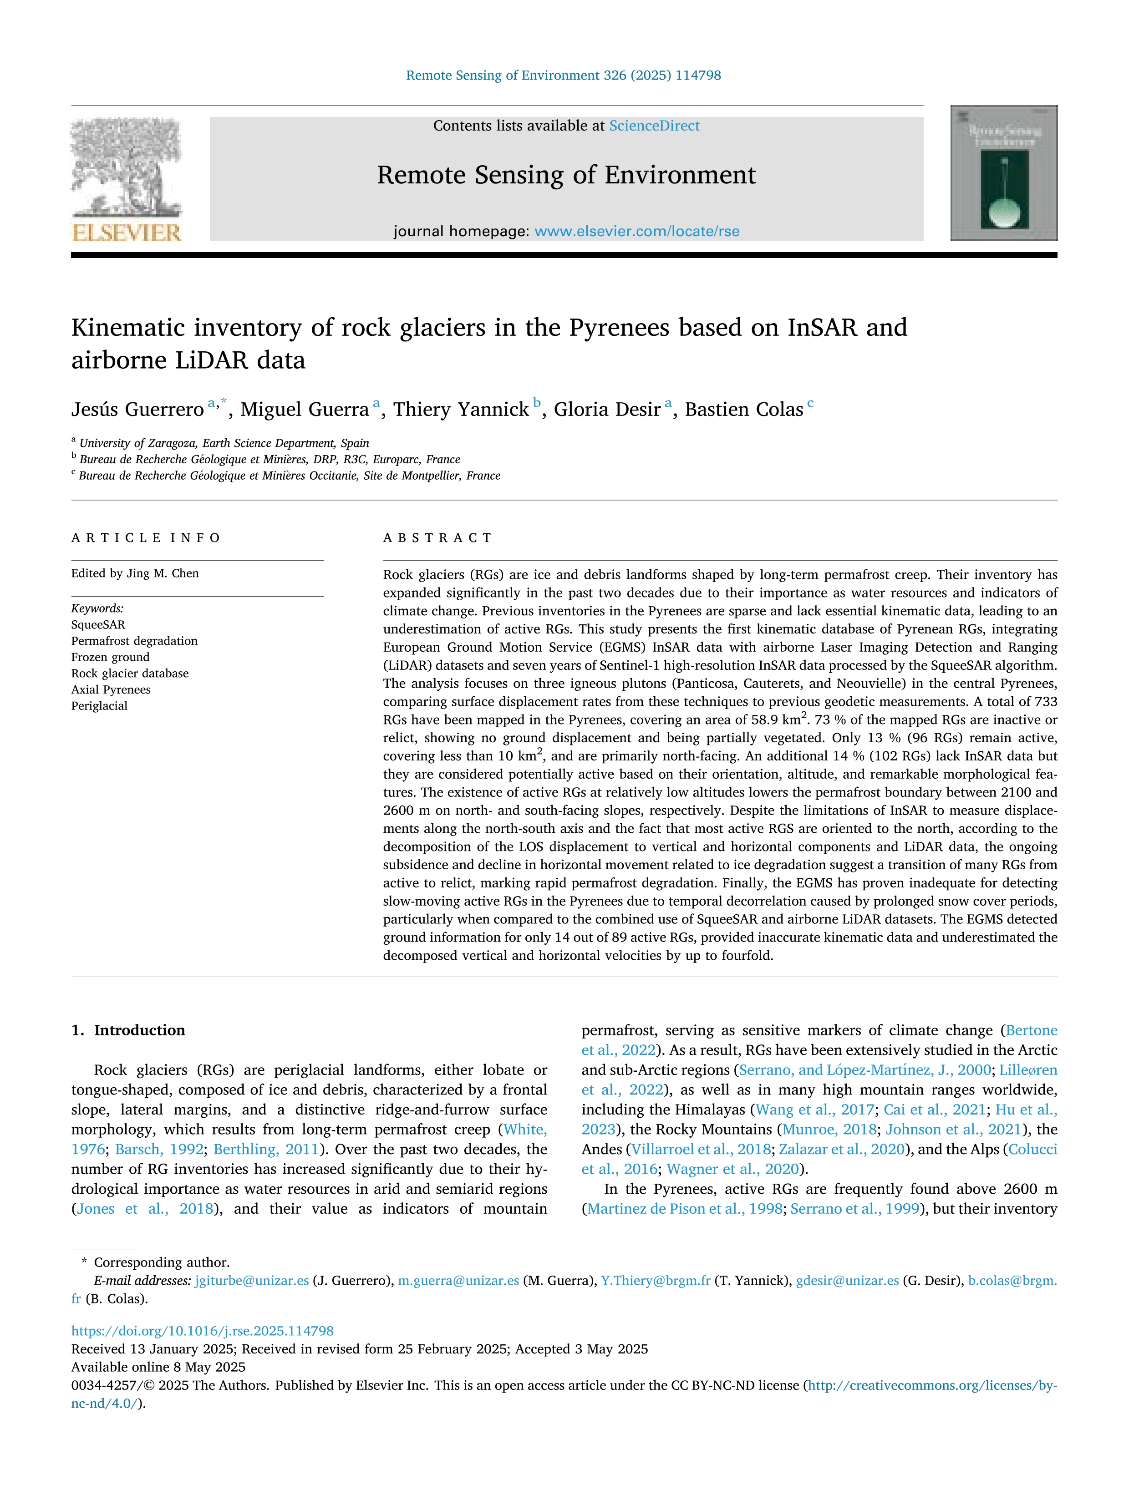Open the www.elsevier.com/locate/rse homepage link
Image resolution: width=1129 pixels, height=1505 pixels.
coord(636,231)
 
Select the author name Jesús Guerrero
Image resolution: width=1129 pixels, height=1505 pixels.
coord(137,410)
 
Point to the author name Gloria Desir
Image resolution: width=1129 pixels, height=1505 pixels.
coord(606,410)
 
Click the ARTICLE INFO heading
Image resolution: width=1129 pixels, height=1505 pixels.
coord(146,537)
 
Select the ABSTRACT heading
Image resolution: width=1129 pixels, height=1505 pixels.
coord(437,537)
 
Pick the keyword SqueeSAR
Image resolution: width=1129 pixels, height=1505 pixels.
coord(98,624)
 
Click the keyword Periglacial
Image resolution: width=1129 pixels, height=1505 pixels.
coord(99,705)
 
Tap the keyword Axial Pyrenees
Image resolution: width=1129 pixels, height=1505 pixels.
coord(111,689)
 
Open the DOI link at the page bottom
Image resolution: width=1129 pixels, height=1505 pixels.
coord(202,1331)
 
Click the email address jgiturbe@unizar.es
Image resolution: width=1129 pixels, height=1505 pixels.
coord(252,1281)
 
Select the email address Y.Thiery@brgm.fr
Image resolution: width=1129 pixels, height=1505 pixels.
coord(656,1281)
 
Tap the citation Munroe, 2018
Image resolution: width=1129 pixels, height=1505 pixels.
coord(829,1130)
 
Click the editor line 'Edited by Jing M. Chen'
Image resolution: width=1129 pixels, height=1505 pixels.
coord(135,573)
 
